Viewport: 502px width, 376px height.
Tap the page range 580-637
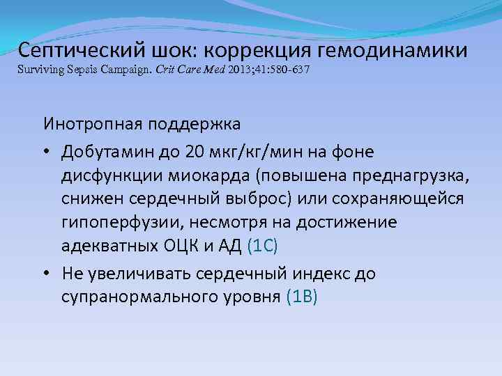[x=289, y=70]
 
